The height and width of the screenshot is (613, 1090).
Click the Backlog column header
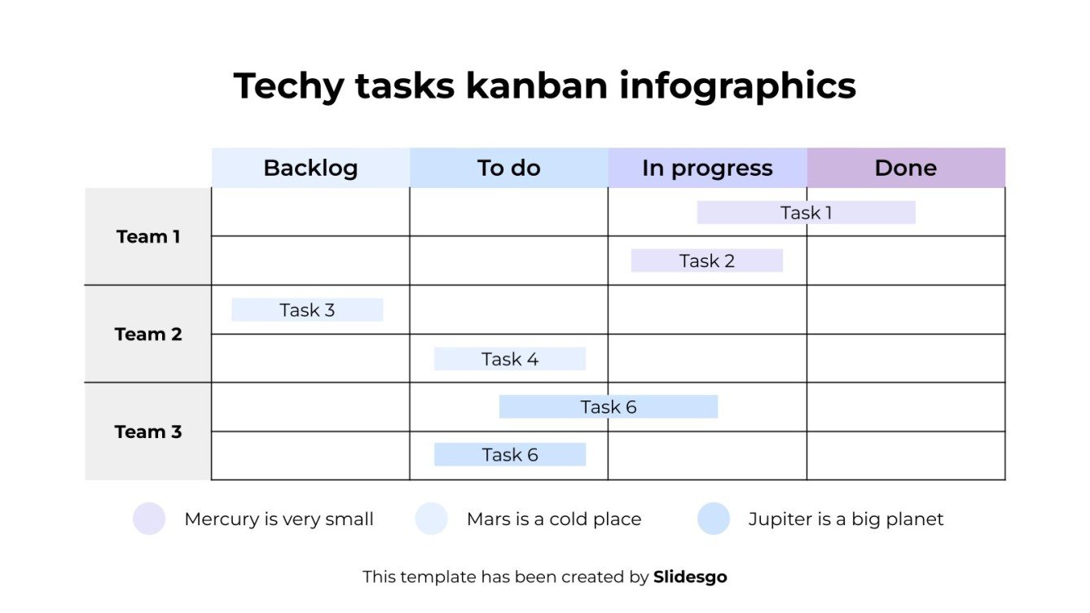click(310, 168)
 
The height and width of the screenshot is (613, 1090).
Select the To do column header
click(508, 168)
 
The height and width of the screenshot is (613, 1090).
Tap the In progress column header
click(707, 168)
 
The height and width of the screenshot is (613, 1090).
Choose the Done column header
click(906, 168)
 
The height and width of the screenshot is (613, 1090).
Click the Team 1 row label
click(148, 237)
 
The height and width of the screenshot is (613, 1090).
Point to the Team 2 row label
click(148, 335)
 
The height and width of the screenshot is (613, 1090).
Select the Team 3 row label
click(148, 431)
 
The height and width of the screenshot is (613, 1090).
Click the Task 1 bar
click(806, 212)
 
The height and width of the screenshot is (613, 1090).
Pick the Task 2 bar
click(706, 261)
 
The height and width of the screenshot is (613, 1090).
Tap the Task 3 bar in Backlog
click(307, 310)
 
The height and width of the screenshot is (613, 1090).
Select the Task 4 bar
click(509, 359)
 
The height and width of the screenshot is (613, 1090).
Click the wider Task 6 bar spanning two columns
click(608, 407)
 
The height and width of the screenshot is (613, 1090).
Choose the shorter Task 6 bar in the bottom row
click(509, 454)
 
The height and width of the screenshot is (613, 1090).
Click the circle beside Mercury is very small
click(149, 519)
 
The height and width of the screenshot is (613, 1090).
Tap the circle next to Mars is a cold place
click(431, 519)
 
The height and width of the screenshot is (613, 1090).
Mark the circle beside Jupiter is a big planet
click(714, 519)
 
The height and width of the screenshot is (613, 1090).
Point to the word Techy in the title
click(288, 86)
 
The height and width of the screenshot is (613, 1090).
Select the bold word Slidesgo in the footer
click(690, 577)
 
